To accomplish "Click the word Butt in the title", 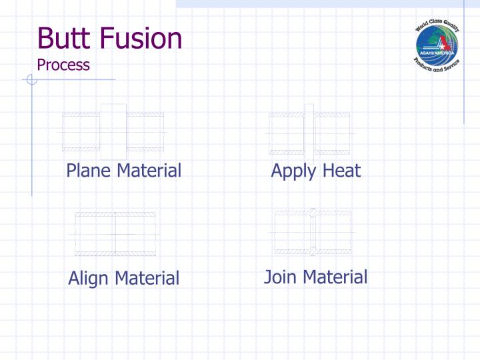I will (x=63, y=38).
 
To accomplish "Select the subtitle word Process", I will (x=63, y=65).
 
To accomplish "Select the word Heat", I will (x=341, y=171).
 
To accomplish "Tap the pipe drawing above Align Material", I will (x=115, y=233).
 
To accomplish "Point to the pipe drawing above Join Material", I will (x=312, y=232).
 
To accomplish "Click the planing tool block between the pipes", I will (x=113, y=131).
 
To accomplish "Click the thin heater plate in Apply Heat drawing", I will (x=309, y=132).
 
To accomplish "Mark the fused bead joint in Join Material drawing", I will (x=312, y=232).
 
